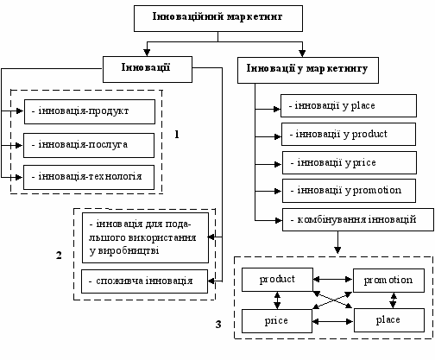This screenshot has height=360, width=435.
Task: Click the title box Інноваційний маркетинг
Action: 218,18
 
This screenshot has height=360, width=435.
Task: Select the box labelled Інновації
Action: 148,69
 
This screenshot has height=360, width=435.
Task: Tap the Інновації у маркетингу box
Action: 308,70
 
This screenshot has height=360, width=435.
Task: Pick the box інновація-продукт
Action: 90,111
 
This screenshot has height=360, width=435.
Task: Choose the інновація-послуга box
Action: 89,145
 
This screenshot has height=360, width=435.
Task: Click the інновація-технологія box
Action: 89,177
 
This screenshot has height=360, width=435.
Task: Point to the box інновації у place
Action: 349,105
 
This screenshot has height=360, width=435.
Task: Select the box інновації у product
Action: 349,134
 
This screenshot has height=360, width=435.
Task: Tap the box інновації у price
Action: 350,162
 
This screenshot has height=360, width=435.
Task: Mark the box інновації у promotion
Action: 349,191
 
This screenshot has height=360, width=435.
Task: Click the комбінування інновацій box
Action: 358,219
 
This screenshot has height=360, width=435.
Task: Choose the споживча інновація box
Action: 144,281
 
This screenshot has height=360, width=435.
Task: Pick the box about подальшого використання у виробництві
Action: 145,237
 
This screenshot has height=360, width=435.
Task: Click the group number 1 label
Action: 177,135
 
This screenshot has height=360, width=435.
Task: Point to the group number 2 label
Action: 59,256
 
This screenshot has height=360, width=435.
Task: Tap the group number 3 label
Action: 218,325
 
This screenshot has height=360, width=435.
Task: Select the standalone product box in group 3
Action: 277,280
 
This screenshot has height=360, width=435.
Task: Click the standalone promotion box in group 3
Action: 388,281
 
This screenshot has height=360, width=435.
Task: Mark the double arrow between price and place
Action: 333,321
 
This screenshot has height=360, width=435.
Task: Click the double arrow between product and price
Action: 277,300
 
